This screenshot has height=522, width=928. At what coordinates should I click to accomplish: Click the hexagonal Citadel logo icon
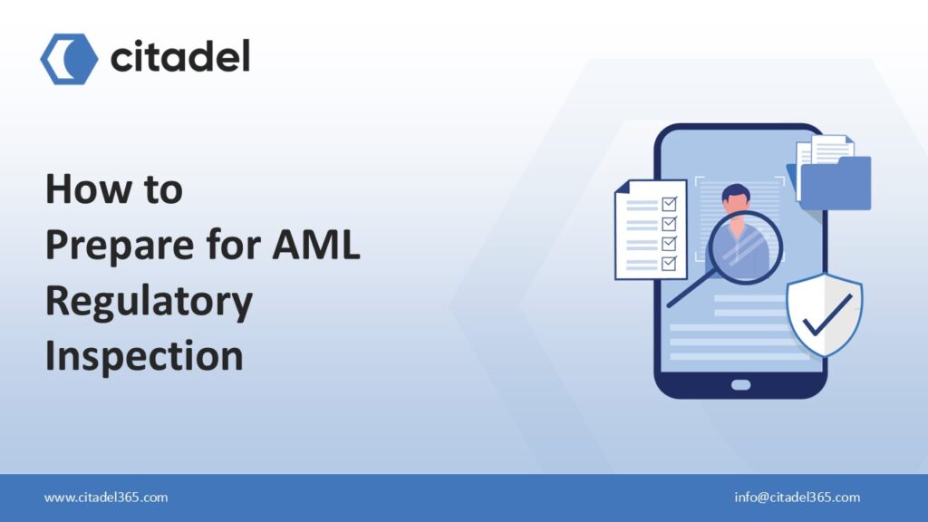[x=69, y=59]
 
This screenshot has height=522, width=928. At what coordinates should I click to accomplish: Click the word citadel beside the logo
[x=179, y=58]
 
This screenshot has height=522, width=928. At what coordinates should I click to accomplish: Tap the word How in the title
[x=83, y=189]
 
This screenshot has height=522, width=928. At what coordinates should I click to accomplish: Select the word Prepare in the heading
[x=113, y=246]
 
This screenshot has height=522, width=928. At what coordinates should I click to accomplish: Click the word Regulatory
[x=149, y=302]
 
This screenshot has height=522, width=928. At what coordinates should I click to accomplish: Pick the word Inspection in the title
[x=144, y=356]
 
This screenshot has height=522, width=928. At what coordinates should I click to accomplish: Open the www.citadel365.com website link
[x=106, y=498]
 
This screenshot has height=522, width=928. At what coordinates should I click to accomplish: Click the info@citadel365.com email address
[x=797, y=498]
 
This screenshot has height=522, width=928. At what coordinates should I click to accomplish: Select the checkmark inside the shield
[x=826, y=313]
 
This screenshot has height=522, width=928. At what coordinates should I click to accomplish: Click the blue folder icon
[x=836, y=185]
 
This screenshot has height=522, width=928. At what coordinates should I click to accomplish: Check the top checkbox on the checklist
[x=670, y=204]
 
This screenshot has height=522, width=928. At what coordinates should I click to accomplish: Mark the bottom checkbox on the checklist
[x=670, y=263]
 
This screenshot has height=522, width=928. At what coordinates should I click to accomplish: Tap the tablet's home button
[x=740, y=384]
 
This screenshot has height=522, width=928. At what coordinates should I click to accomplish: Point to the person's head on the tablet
[x=736, y=198]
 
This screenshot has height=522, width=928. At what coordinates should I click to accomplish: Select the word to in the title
[x=160, y=189]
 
